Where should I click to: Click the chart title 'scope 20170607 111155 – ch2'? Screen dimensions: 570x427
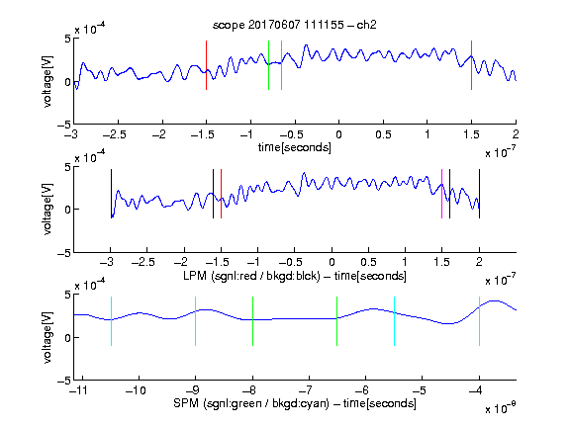click(x=295, y=25)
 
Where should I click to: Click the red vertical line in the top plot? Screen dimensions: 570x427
click(x=206, y=65)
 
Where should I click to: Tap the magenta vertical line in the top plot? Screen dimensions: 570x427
click(x=471, y=65)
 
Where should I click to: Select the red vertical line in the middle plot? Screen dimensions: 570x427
click(x=221, y=194)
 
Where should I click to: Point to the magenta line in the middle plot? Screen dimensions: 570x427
click(x=441, y=194)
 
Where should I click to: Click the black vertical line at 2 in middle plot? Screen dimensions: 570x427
click(x=479, y=194)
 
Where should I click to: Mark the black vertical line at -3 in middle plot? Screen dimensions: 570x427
click(x=111, y=194)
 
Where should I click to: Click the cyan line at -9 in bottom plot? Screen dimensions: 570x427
click(x=195, y=321)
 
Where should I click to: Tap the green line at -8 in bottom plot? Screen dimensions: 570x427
click(x=252, y=321)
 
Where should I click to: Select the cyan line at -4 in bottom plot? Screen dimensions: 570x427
click(x=479, y=321)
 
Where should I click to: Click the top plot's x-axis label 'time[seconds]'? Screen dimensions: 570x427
click(x=295, y=147)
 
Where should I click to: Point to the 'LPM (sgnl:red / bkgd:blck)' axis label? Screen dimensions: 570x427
click(x=251, y=276)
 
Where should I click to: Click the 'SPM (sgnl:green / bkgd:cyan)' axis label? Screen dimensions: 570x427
click(x=251, y=403)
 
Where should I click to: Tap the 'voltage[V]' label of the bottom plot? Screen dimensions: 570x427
click(x=47, y=337)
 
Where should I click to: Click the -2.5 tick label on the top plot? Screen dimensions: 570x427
click(x=115, y=134)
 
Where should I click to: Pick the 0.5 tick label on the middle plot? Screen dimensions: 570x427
click(x=368, y=262)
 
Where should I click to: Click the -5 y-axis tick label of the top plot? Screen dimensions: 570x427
click(x=64, y=125)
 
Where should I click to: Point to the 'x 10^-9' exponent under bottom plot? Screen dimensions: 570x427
click(x=501, y=408)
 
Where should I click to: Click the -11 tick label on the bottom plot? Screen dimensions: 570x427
click(x=79, y=390)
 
